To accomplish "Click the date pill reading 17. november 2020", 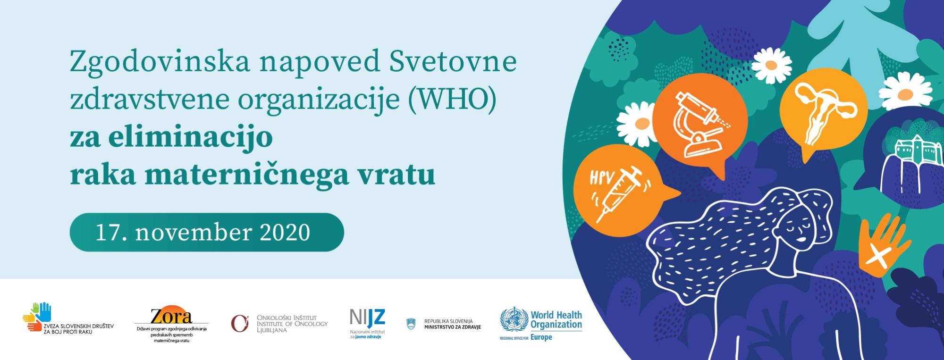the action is [207, 232].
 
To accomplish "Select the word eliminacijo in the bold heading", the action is [191, 137].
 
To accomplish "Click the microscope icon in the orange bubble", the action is [699, 124].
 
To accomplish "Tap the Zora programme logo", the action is [171, 324].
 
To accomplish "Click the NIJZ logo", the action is [367, 324].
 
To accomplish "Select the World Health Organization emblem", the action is [514, 320].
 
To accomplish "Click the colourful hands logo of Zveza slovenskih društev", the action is [37, 317].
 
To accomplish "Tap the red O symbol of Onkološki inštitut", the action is [240, 324].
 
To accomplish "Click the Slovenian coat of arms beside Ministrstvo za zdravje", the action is [411, 324].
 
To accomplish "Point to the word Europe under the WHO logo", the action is [541, 337].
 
